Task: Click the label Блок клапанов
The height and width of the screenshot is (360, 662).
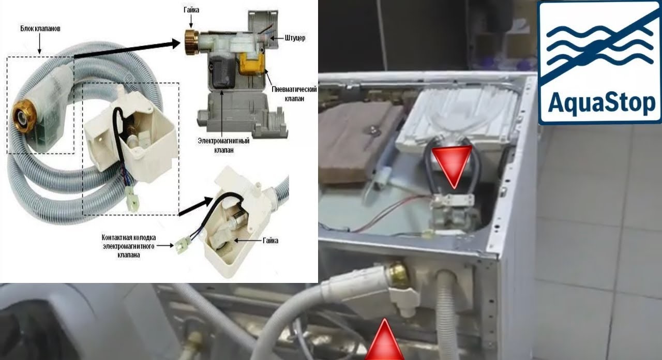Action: click(x=40, y=29)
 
